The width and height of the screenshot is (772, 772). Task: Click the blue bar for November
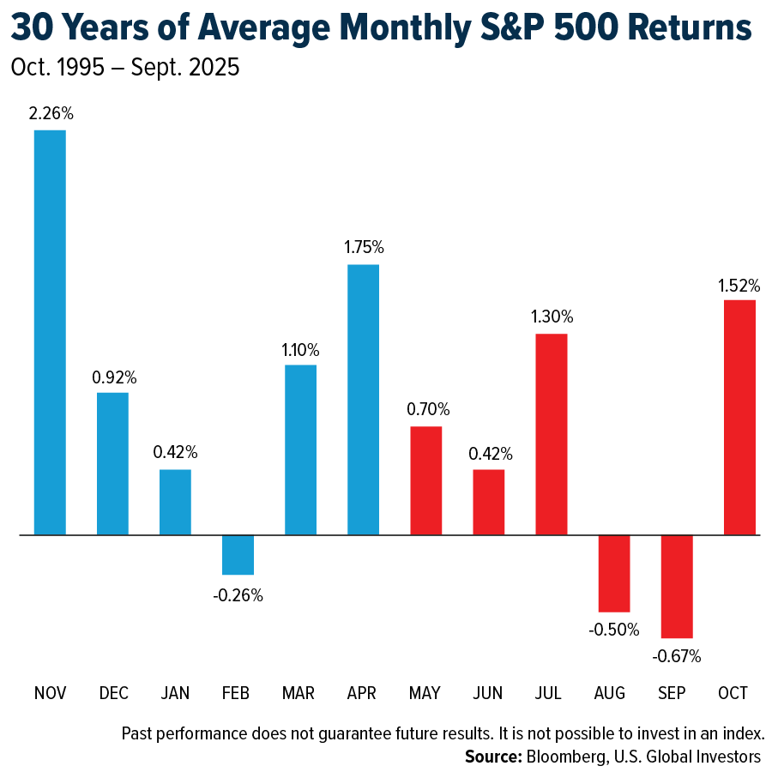click(x=50, y=333)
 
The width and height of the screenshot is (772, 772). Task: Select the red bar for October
click(x=739, y=417)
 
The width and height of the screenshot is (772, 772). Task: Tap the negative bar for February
click(x=238, y=554)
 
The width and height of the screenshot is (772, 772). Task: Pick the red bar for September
click(x=677, y=586)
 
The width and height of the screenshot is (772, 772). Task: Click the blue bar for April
click(x=363, y=400)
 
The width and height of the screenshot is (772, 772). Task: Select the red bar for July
click(x=552, y=434)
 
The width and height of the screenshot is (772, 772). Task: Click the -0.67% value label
click(x=677, y=657)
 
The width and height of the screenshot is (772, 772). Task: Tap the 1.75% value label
click(x=363, y=247)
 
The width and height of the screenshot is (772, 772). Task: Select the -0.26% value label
click(x=238, y=594)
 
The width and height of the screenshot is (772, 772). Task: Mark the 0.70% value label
click(x=426, y=409)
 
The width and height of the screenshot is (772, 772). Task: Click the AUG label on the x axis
click(x=614, y=693)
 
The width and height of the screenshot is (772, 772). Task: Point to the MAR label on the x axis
click(x=300, y=693)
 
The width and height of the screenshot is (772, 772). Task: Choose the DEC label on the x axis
click(x=112, y=693)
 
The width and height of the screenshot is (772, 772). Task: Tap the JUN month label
click(x=489, y=693)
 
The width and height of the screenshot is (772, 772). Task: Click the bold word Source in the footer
click(x=492, y=757)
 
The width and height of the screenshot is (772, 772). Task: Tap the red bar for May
click(x=426, y=480)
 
